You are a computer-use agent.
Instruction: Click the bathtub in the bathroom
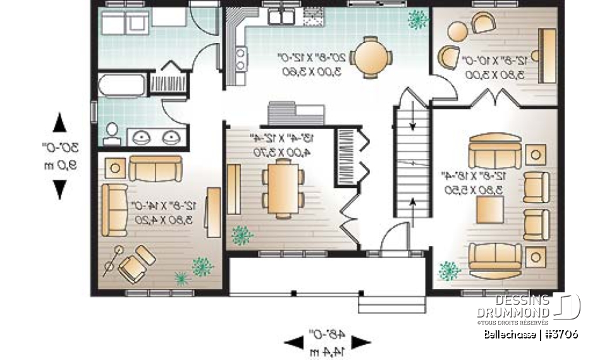(x=121, y=85)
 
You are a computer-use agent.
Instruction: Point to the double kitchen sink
(x=280, y=16)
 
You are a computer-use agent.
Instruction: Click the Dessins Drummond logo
(x=528, y=307)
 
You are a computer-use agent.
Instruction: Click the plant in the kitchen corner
(x=417, y=20)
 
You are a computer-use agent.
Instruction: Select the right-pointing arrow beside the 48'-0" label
(x=361, y=343)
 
